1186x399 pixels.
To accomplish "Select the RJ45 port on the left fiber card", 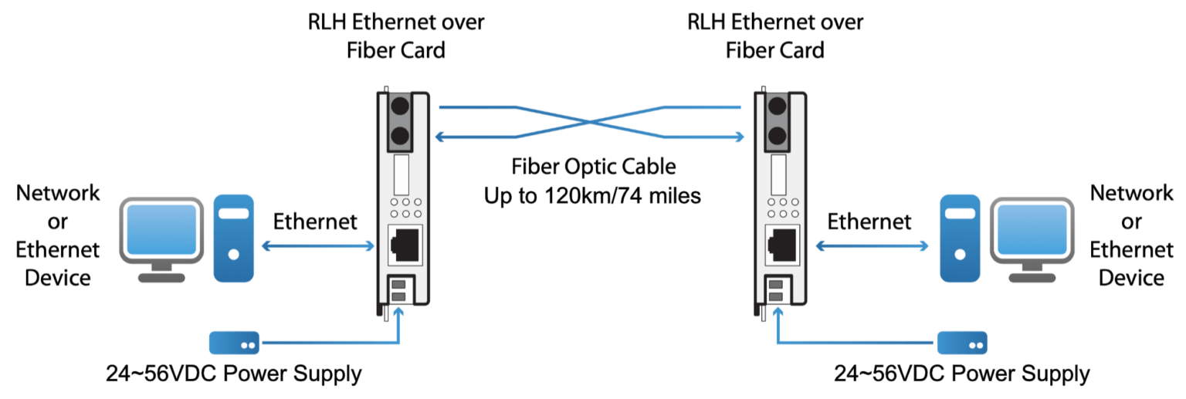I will coord(402,246).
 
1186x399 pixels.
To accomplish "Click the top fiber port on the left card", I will coord(399,107).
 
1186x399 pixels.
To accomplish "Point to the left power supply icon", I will coord(235,341).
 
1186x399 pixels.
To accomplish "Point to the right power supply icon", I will coord(961,341).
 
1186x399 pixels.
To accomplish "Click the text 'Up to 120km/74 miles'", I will coord(592,195).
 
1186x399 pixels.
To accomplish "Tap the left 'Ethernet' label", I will coord(315,222).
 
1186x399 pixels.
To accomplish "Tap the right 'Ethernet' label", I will coord(869,222).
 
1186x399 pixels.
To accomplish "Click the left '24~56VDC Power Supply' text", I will coord(234,375).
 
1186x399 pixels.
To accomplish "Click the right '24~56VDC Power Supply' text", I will coord(961,375).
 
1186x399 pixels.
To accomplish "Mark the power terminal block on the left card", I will coord(399,291).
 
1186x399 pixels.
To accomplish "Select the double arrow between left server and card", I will coord(317,246).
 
